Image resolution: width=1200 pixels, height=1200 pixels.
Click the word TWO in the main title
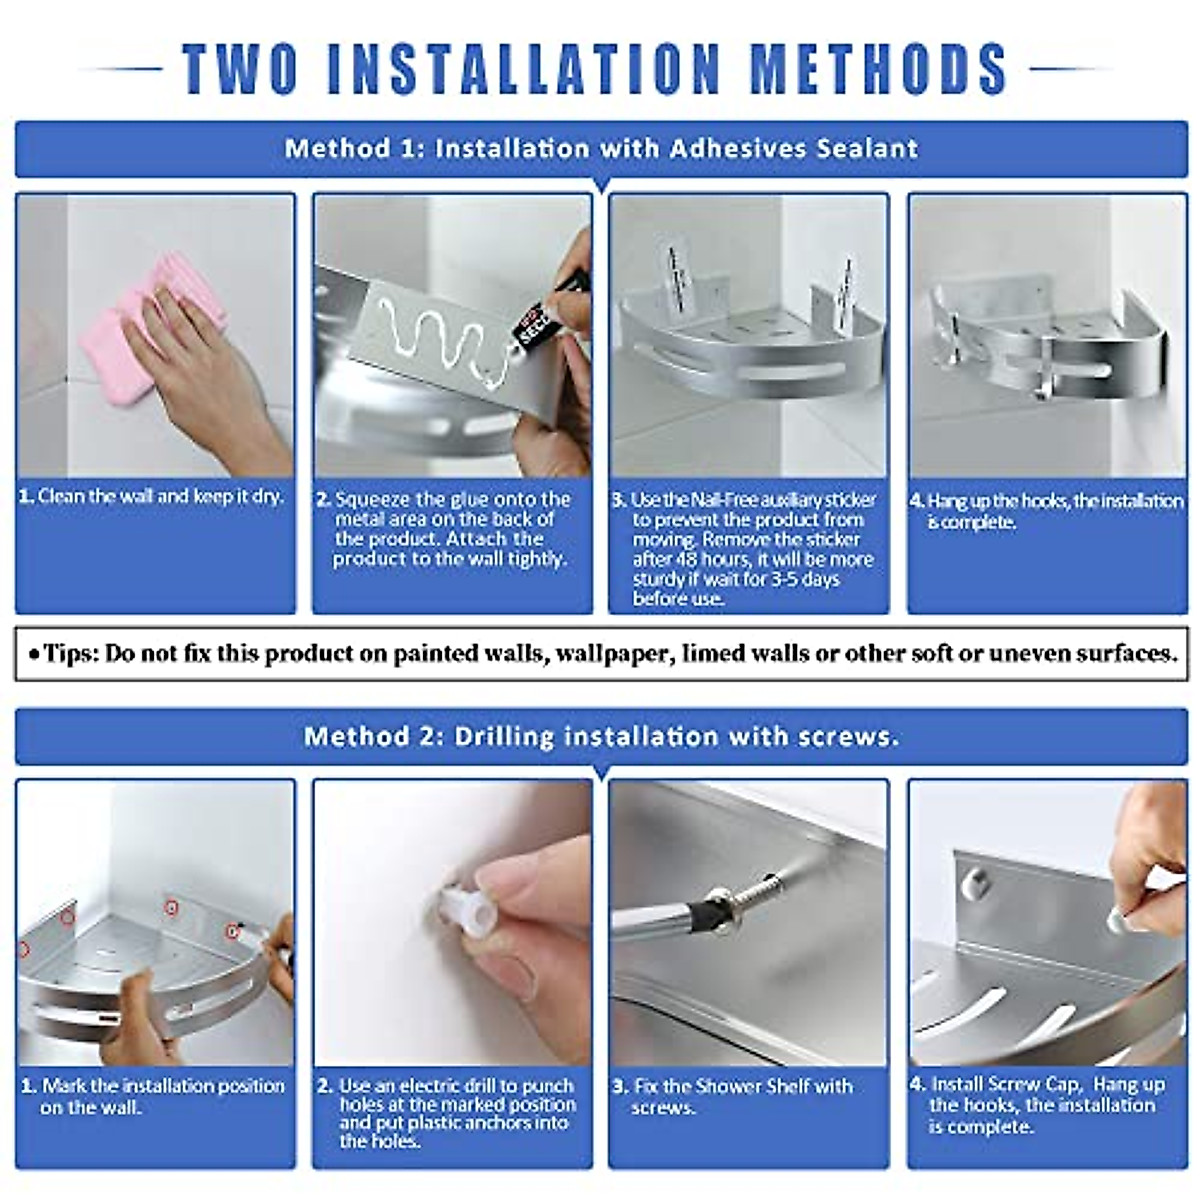click(241, 69)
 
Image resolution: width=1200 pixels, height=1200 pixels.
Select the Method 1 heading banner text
click(601, 149)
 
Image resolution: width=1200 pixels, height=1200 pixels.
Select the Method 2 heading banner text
click(601, 737)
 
